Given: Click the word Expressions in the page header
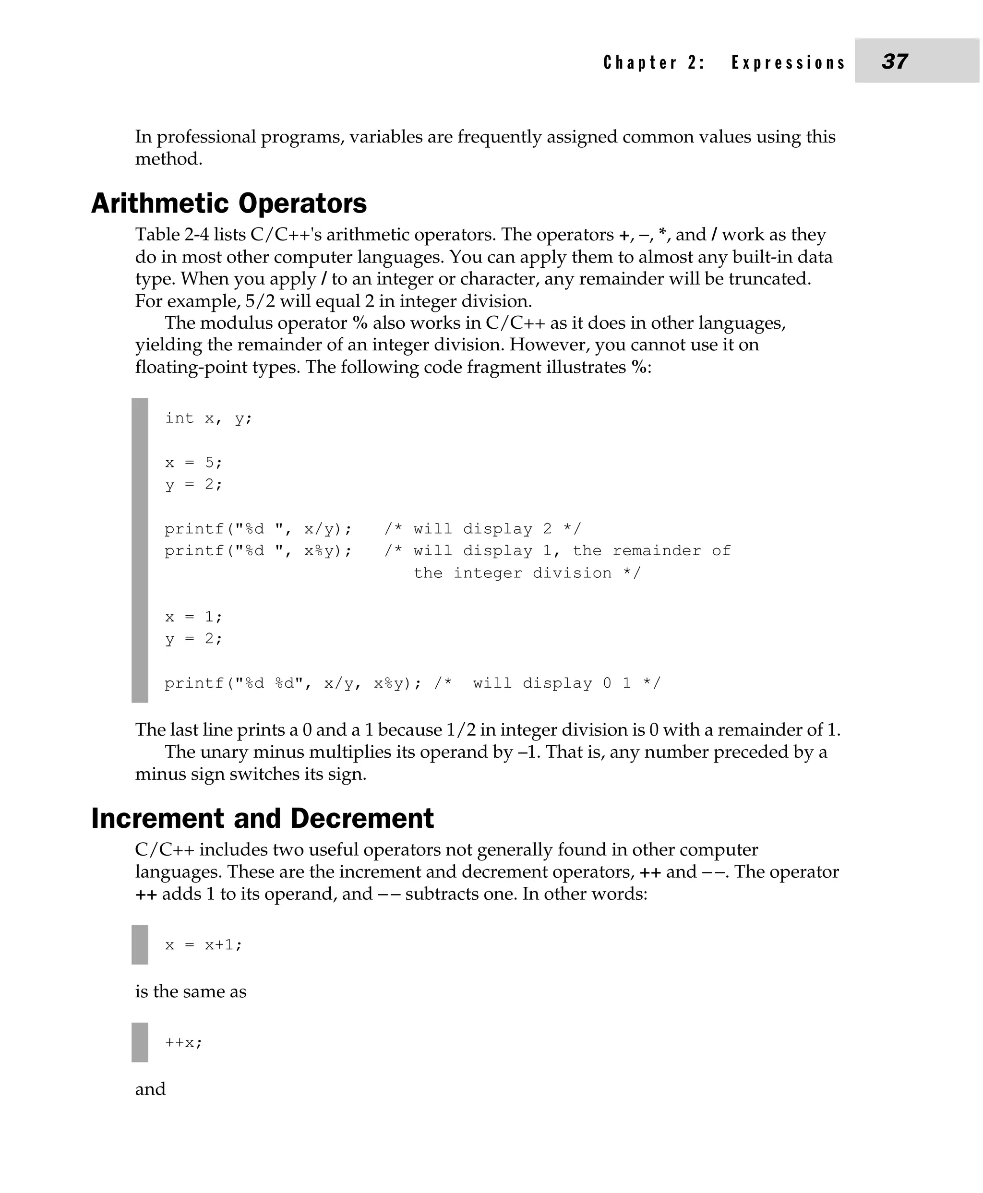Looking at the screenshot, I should click(788, 62).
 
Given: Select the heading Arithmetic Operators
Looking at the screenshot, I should click(229, 203).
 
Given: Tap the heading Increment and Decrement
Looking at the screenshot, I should click(262, 818).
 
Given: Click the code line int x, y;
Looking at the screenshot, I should click(208, 418).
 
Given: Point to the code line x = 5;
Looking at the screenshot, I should click(193, 463).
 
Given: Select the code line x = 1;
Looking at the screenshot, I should click(193, 617).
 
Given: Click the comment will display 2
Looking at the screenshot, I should click(482, 529).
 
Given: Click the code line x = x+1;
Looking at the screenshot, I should click(204, 944).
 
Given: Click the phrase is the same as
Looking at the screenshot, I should click(190, 991).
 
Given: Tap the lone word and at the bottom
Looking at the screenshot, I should click(150, 1089).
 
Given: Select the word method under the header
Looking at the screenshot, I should click(168, 159).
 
